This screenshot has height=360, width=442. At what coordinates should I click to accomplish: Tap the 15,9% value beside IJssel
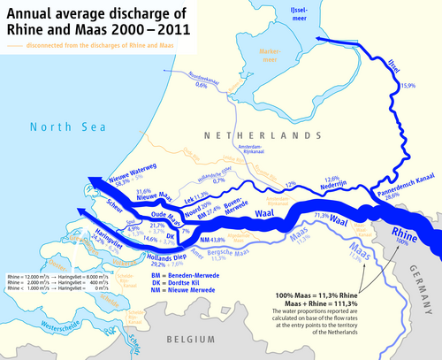tap(408, 86)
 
